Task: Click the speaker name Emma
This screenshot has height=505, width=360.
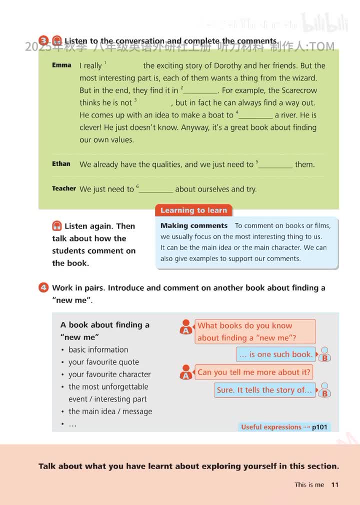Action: click(61, 65)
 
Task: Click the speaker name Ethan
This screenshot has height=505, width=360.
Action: click(61, 163)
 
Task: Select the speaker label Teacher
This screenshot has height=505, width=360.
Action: click(64, 188)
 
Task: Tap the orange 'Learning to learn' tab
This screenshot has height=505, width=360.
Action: click(193, 210)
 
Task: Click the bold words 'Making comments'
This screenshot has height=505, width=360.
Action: click(194, 225)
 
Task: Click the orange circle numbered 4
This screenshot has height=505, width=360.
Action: click(44, 287)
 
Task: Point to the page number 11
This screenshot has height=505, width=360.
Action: click(335, 484)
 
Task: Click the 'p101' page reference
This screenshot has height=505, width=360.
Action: click(319, 427)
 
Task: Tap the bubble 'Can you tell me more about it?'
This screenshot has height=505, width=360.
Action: click(254, 372)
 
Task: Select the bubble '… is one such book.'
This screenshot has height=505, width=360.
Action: click(275, 354)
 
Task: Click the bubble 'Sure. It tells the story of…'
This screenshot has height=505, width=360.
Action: click(264, 390)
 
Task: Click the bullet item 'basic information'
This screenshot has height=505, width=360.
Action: click(98, 349)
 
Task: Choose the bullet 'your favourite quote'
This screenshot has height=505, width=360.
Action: click(103, 362)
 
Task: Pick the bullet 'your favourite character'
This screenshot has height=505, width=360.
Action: click(109, 374)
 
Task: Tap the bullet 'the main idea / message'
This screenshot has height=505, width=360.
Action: click(110, 411)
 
